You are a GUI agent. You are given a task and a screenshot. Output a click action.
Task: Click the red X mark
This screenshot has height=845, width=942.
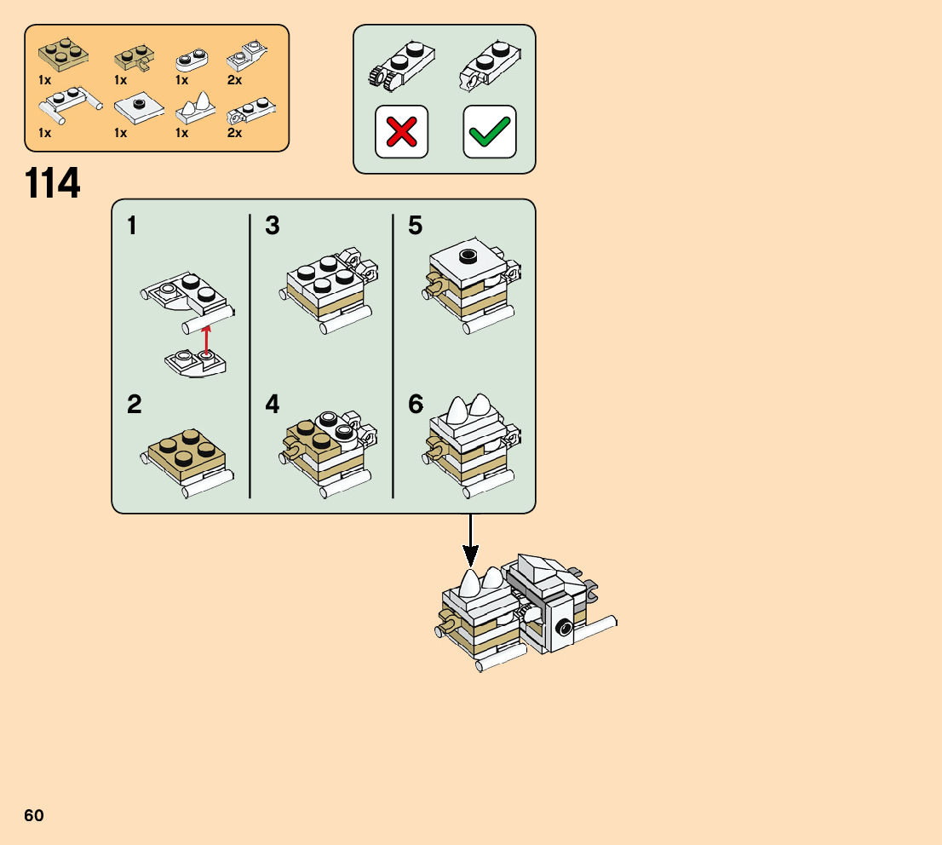401,132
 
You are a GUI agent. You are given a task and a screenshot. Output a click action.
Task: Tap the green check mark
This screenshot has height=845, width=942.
490,132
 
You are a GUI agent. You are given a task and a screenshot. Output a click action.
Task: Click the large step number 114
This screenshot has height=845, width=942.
53,184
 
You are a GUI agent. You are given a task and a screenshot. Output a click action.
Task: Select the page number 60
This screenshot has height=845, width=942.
34,815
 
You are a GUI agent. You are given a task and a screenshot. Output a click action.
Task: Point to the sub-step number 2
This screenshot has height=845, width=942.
135,405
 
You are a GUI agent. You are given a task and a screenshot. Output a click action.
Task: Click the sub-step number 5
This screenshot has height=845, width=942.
415,226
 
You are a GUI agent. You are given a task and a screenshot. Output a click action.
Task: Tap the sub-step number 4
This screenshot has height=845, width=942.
272,405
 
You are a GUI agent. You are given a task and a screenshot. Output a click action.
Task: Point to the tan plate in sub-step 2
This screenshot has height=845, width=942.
187,452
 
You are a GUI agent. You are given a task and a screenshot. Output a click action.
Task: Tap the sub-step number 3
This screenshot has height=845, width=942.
272,226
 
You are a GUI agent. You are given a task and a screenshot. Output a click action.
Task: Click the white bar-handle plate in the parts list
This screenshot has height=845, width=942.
68,104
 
